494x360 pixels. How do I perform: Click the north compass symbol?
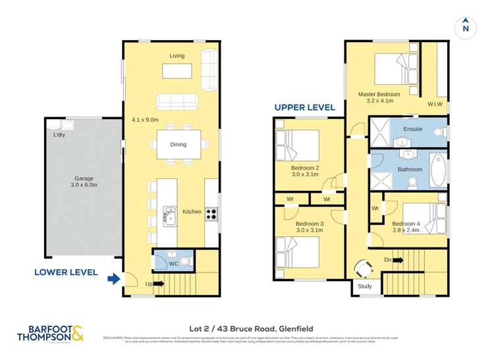(x=465, y=27)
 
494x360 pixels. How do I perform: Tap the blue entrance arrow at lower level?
(x=114, y=280)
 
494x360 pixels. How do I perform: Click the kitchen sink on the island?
(x=170, y=215)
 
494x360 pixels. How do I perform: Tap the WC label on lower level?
(x=174, y=264)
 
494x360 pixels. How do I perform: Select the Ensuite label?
(x=412, y=129)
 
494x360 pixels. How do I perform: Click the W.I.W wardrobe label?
(x=435, y=104)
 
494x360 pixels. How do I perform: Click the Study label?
(x=365, y=286)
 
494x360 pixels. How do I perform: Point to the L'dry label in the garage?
(x=60, y=136)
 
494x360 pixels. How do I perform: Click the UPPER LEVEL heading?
(x=305, y=107)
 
